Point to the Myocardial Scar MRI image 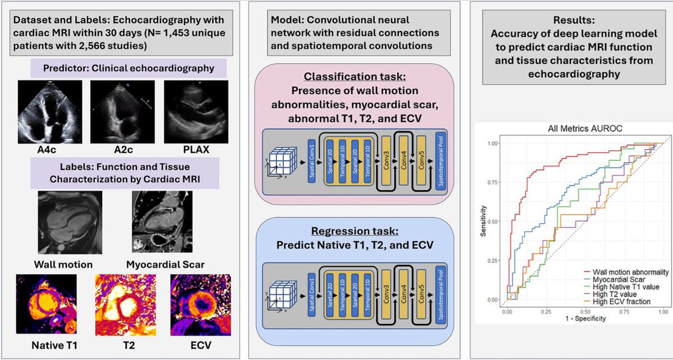159,221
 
